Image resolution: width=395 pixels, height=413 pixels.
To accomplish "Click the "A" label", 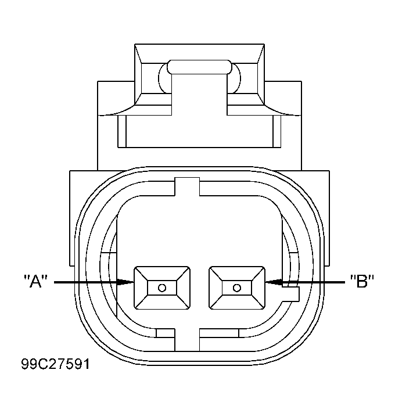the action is point(35,281).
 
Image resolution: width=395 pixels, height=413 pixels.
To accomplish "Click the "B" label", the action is point(362,281).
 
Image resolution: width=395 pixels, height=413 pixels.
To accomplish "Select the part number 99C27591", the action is point(56,364).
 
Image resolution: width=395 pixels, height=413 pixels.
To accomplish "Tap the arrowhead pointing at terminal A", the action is point(125,282).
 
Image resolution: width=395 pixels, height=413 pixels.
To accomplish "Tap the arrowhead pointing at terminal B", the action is point(274,282).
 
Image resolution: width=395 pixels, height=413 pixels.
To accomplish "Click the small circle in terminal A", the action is point(162,288).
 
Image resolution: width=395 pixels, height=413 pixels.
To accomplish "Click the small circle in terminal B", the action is point(237,288).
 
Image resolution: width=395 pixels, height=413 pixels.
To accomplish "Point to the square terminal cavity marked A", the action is point(162,288).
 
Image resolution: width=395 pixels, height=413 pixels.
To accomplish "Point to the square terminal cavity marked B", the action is point(237,288).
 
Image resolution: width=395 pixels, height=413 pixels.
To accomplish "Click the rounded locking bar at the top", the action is point(200,67).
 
